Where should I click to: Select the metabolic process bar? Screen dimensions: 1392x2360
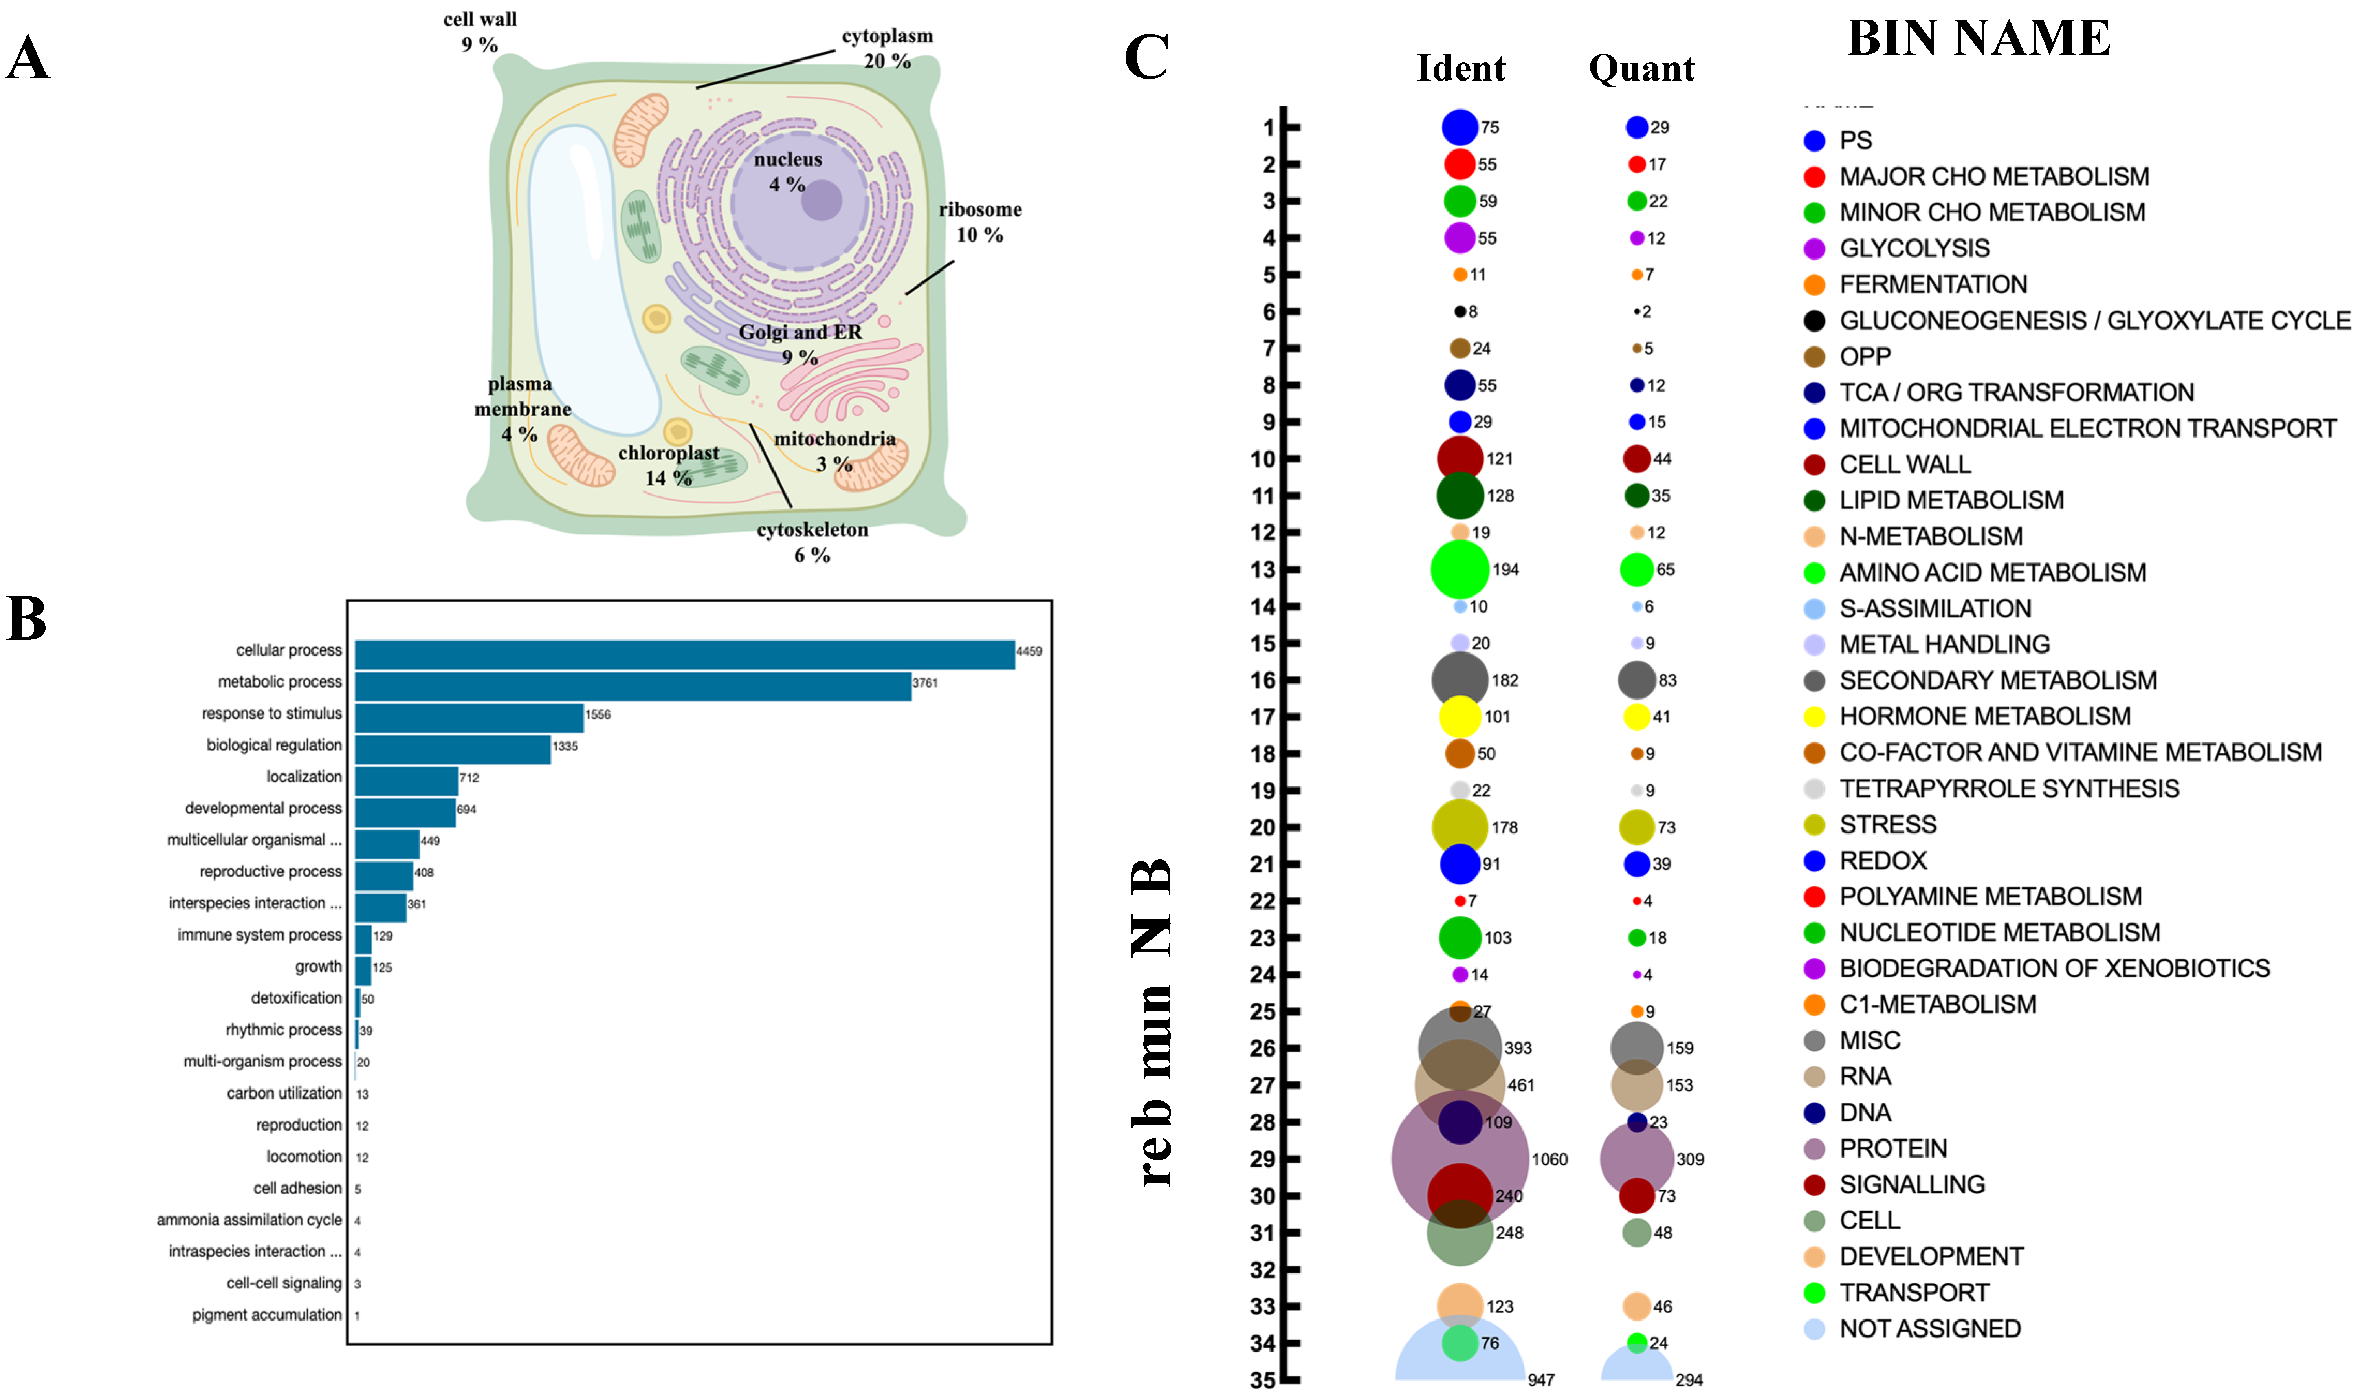point(633,686)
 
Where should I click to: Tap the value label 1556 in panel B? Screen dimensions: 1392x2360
point(598,715)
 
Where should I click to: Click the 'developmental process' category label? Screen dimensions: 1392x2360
point(264,809)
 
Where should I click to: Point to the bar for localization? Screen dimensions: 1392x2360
point(406,780)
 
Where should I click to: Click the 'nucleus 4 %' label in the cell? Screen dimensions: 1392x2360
point(788,172)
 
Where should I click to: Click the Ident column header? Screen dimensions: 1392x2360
point(1460,68)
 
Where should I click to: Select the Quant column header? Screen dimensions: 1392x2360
point(1641,68)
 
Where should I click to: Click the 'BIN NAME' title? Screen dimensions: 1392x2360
point(1979,39)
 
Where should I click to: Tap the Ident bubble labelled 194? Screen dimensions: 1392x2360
point(1460,570)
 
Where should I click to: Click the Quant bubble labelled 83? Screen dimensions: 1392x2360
point(1637,680)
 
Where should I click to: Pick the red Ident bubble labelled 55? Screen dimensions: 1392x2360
point(1460,164)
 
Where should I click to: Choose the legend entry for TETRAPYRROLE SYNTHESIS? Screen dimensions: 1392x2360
point(2009,789)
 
